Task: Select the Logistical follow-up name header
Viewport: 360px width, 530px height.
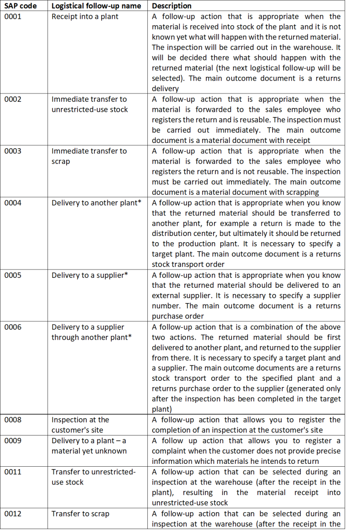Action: click(x=96, y=6)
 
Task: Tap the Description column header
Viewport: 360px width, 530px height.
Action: click(x=171, y=6)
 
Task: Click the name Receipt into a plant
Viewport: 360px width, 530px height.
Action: click(x=85, y=17)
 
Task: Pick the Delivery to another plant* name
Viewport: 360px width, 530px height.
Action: click(x=96, y=203)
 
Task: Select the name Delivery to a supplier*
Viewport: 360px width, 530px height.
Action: click(x=90, y=275)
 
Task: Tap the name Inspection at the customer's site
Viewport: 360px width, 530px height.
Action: click(x=80, y=425)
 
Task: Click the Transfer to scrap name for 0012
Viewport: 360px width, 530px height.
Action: click(x=80, y=514)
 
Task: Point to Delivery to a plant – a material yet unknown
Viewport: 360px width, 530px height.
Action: click(x=89, y=446)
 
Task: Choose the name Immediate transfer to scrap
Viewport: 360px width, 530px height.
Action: click(x=89, y=156)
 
